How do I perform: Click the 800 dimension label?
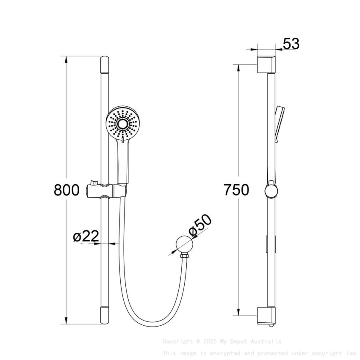tap(66, 190)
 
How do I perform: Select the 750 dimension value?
tap(236, 190)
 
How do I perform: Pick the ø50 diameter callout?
tap(199, 225)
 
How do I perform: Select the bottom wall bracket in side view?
tap(266, 316)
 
